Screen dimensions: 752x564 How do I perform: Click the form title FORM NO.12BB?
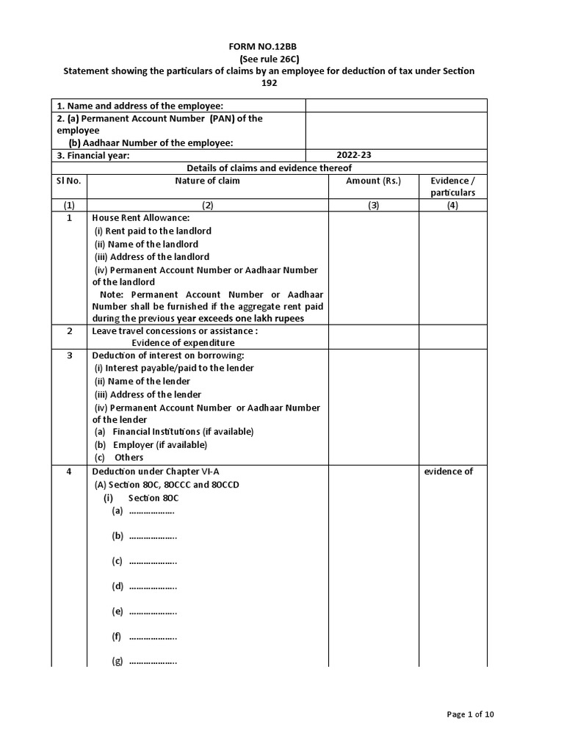(270, 46)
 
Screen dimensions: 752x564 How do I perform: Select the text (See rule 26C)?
(270, 58)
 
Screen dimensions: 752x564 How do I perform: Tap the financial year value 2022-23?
(355, 156)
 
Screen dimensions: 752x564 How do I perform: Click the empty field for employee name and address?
(397, 106)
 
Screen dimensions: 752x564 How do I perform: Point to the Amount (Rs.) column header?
(373, 181)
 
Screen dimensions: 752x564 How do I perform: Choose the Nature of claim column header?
(207, 181)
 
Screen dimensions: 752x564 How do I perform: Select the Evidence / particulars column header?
(452, 187)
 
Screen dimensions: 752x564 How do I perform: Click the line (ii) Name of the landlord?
(146, 244)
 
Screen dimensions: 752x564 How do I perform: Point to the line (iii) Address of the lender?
(148, 394)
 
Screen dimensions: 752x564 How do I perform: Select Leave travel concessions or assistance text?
(175, 330)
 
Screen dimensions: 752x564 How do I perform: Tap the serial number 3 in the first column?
(69, 355)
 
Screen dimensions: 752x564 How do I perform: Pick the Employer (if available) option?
(151, 444)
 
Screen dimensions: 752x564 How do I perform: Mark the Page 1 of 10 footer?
(475, 714)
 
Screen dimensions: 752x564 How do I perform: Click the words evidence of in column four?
(449, 471)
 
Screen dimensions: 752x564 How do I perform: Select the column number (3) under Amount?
(373, 206)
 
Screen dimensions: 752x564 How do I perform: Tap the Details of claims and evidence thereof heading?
(270, 168)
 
